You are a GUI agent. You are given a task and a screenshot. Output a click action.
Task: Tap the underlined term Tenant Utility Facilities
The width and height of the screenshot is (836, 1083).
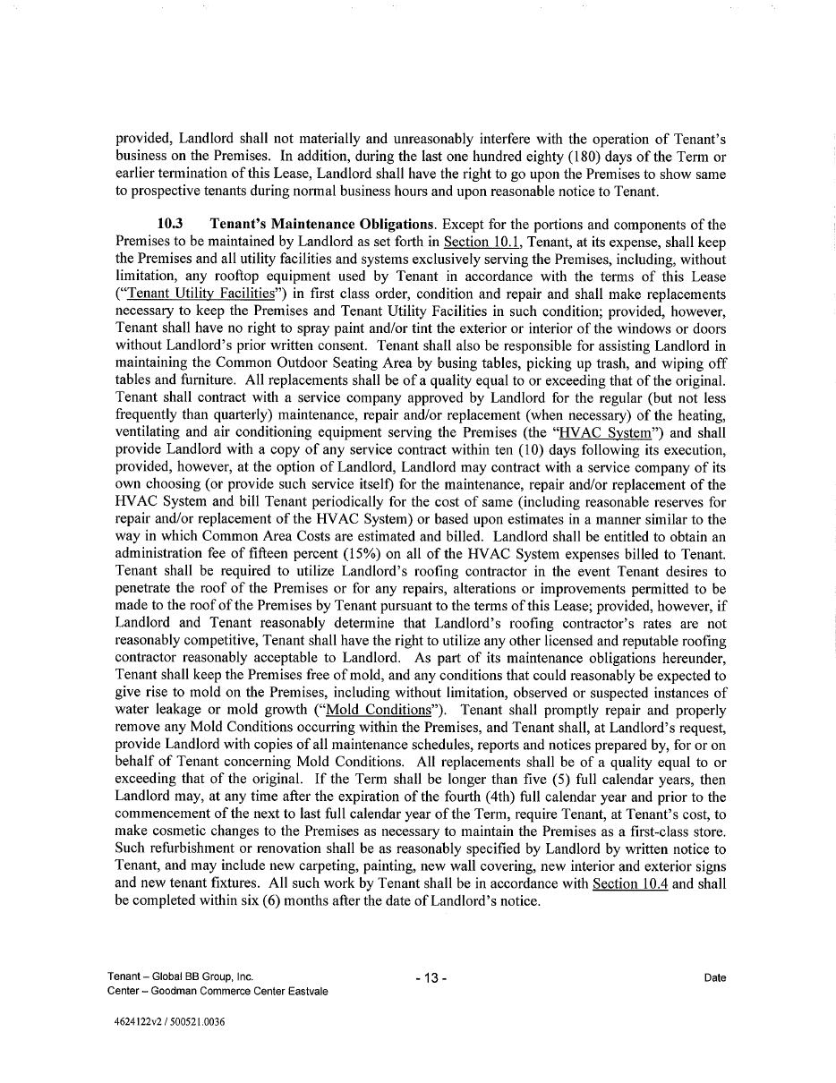[200, 294]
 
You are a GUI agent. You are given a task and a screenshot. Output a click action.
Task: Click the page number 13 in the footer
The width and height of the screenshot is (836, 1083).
[431, 978]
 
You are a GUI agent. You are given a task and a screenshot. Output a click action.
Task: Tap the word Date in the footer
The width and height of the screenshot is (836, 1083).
[714, 978]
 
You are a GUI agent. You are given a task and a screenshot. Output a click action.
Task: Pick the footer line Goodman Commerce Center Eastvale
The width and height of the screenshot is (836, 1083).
[217, 991]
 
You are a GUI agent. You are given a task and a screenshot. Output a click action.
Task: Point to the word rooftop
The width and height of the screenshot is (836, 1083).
[243, 277]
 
